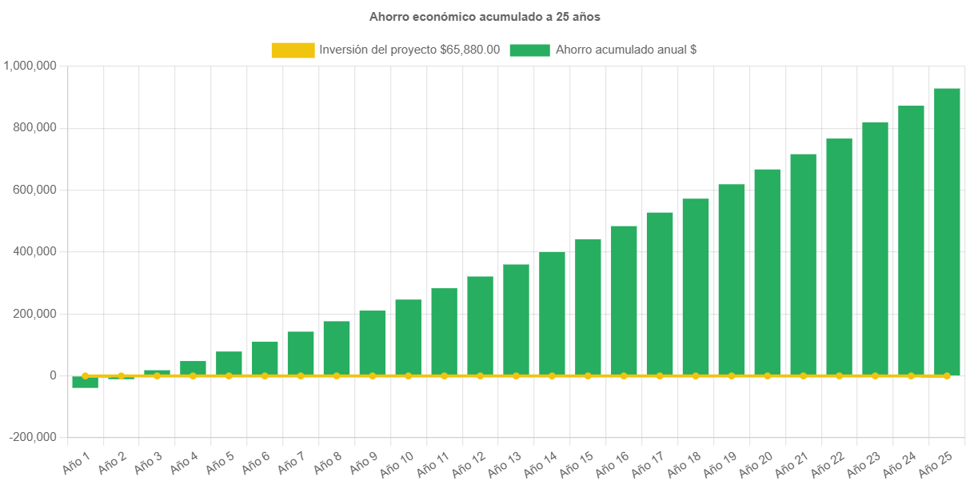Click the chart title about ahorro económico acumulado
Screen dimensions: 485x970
tap(485, 16)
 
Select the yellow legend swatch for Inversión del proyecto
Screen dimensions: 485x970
tap(293, 50)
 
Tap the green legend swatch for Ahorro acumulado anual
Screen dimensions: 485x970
tap(529, 50)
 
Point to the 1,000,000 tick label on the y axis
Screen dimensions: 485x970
tap(30, 66)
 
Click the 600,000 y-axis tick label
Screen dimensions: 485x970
tap(34, 190)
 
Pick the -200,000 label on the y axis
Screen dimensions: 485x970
tap(34, 437)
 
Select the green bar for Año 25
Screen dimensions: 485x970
tap(947, 231)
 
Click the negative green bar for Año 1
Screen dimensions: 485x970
tap(85, 382)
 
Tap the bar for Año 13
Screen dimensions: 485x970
tap(516, 319)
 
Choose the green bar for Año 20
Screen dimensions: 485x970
tap(767, 272)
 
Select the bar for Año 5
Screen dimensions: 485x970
tap(229, 363)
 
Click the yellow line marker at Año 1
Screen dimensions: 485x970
tap(85, 375)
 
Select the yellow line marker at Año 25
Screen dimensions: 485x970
tap(947, 375)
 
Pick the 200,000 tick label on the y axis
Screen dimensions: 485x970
tap(34, 314)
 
